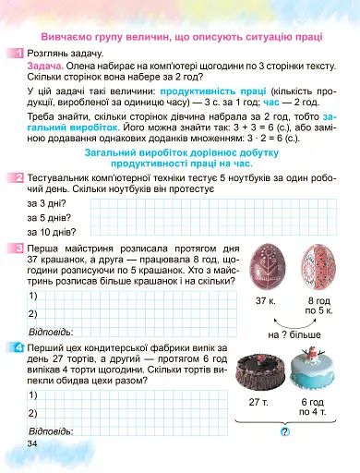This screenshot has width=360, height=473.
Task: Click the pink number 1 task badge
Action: pyautogui.click(x=19, y=55)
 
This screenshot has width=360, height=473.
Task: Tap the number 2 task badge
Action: pyautogui.click(x=19, y=176)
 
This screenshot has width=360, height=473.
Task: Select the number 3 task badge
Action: pyautogui.click(x=19, y=249)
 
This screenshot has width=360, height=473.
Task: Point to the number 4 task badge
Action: pyautogui.click(x=19, y=347)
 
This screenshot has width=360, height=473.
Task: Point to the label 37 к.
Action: pyautogui.click(x=266, y=301)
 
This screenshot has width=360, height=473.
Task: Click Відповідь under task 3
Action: pyautogui.click(x=51, y=331)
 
